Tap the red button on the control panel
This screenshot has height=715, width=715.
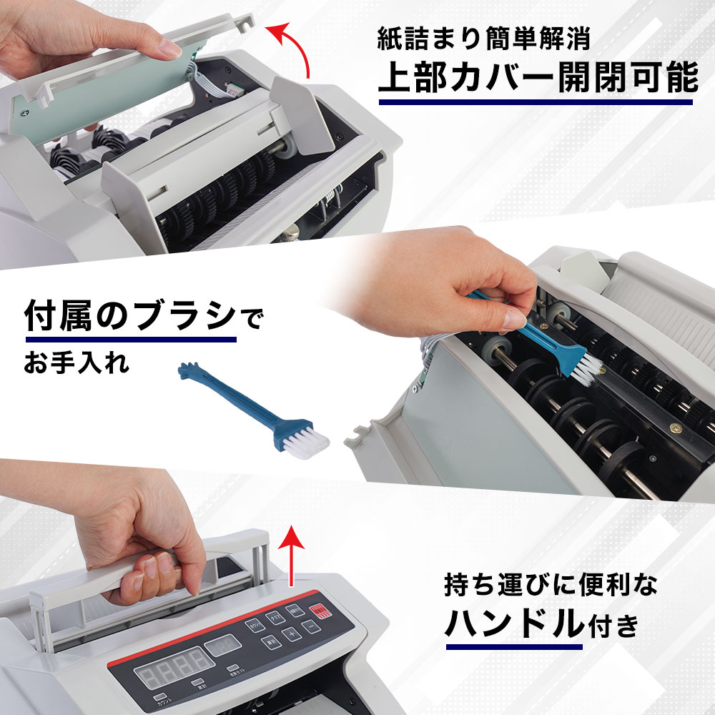point(320,612)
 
